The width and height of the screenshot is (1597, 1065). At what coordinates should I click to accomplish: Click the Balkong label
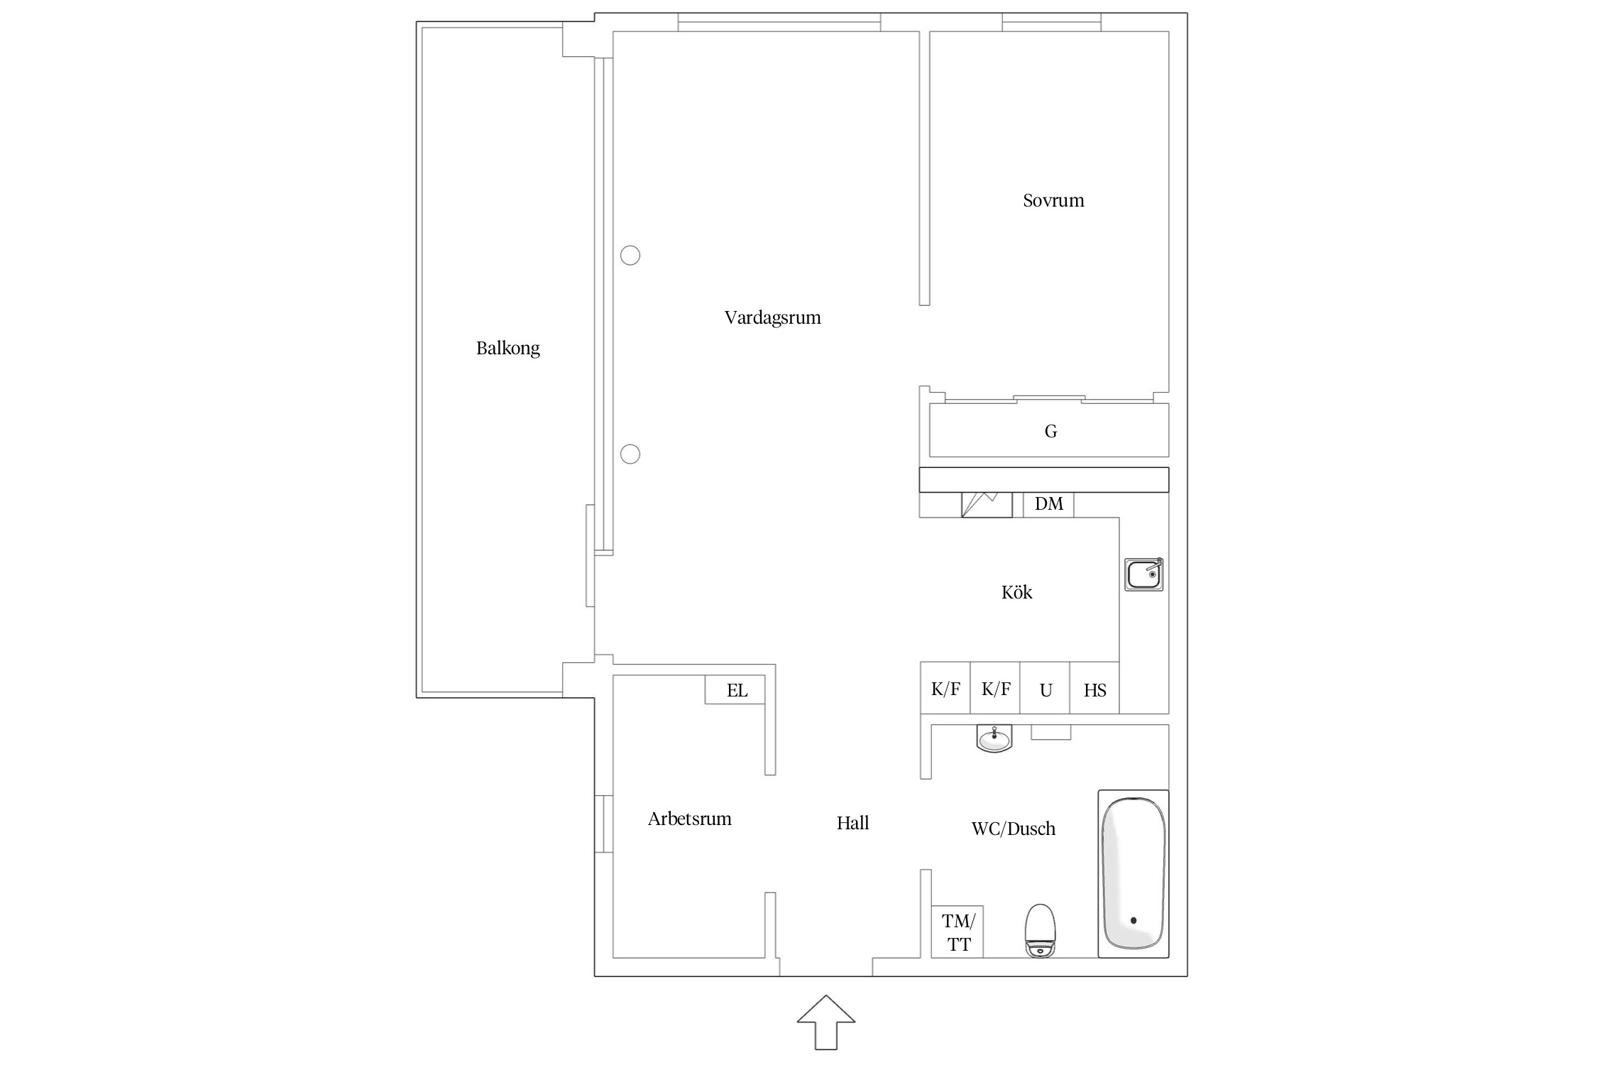coord(507,349)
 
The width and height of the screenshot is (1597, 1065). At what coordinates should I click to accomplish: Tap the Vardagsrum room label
coord(772,317)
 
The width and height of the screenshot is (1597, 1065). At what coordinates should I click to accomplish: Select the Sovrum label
coord(1053,200)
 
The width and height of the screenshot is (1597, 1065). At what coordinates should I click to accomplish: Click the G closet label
coord(1050,431)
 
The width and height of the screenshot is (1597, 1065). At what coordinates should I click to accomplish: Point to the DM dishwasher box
coord(1048,504)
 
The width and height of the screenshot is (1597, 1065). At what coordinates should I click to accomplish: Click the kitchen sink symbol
coord(1143,574)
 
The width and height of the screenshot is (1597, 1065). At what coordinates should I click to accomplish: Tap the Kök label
coord(1016,592)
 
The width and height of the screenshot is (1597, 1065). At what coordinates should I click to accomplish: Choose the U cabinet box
coord(1045,687)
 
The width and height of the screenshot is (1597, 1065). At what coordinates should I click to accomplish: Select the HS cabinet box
coord(1094,687)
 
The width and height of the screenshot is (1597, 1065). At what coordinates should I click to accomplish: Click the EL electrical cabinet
coord(735,689)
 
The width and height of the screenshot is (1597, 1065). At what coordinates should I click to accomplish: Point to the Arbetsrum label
coord(689,819)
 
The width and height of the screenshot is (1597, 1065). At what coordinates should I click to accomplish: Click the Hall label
coord(852,823)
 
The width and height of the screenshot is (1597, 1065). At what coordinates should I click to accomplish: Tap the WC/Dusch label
coord(1013,829)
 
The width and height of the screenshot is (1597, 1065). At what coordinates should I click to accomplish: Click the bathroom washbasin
coord(994,738)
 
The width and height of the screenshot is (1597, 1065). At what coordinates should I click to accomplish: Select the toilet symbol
coord(1041,931)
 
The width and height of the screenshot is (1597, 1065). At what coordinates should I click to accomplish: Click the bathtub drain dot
coord(1134,920)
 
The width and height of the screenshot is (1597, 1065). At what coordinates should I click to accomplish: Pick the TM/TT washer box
coord(957,932)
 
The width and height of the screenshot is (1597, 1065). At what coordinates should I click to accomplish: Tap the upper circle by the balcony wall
coord(630,255)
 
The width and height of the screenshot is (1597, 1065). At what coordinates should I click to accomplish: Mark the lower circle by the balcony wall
coord(630,454)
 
